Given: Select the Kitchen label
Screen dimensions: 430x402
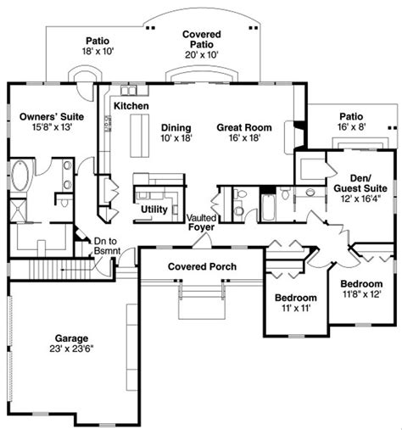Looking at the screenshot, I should [131, 105].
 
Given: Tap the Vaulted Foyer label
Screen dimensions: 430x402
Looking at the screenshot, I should [203, 222].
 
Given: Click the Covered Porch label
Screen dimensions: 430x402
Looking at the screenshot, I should [202, 266].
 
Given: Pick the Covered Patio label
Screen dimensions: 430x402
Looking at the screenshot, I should [203, 40].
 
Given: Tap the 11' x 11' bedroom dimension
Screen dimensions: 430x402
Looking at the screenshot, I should [295, 310].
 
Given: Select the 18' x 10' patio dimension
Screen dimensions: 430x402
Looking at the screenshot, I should [96, 52].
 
